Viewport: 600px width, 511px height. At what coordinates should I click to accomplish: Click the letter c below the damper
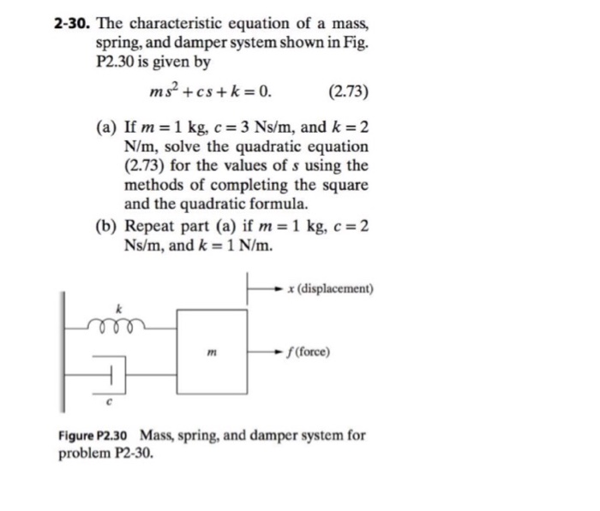coord(110,399)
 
